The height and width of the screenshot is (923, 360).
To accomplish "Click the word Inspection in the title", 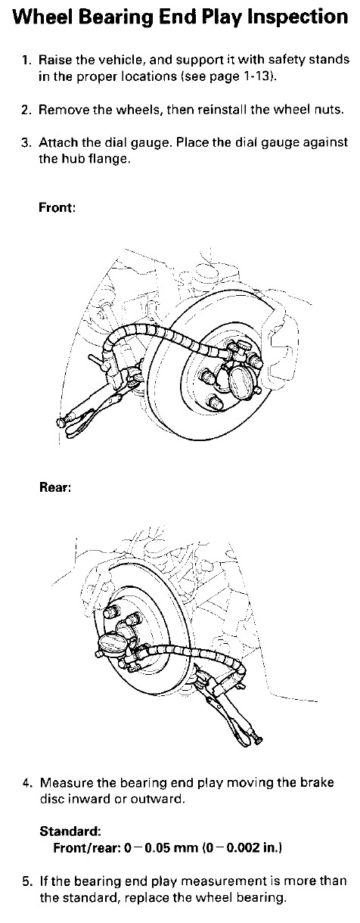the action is (x=297, y=18).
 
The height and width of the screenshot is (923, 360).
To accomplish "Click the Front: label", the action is (x=57, y=207).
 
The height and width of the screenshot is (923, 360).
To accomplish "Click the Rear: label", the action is (x=54, y=487).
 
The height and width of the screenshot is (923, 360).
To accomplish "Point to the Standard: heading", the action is (x=70, y=831).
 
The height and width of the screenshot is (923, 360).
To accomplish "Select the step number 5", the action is (x=26, y=881).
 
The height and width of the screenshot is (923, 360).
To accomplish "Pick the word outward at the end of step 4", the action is (x=157, y=799).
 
